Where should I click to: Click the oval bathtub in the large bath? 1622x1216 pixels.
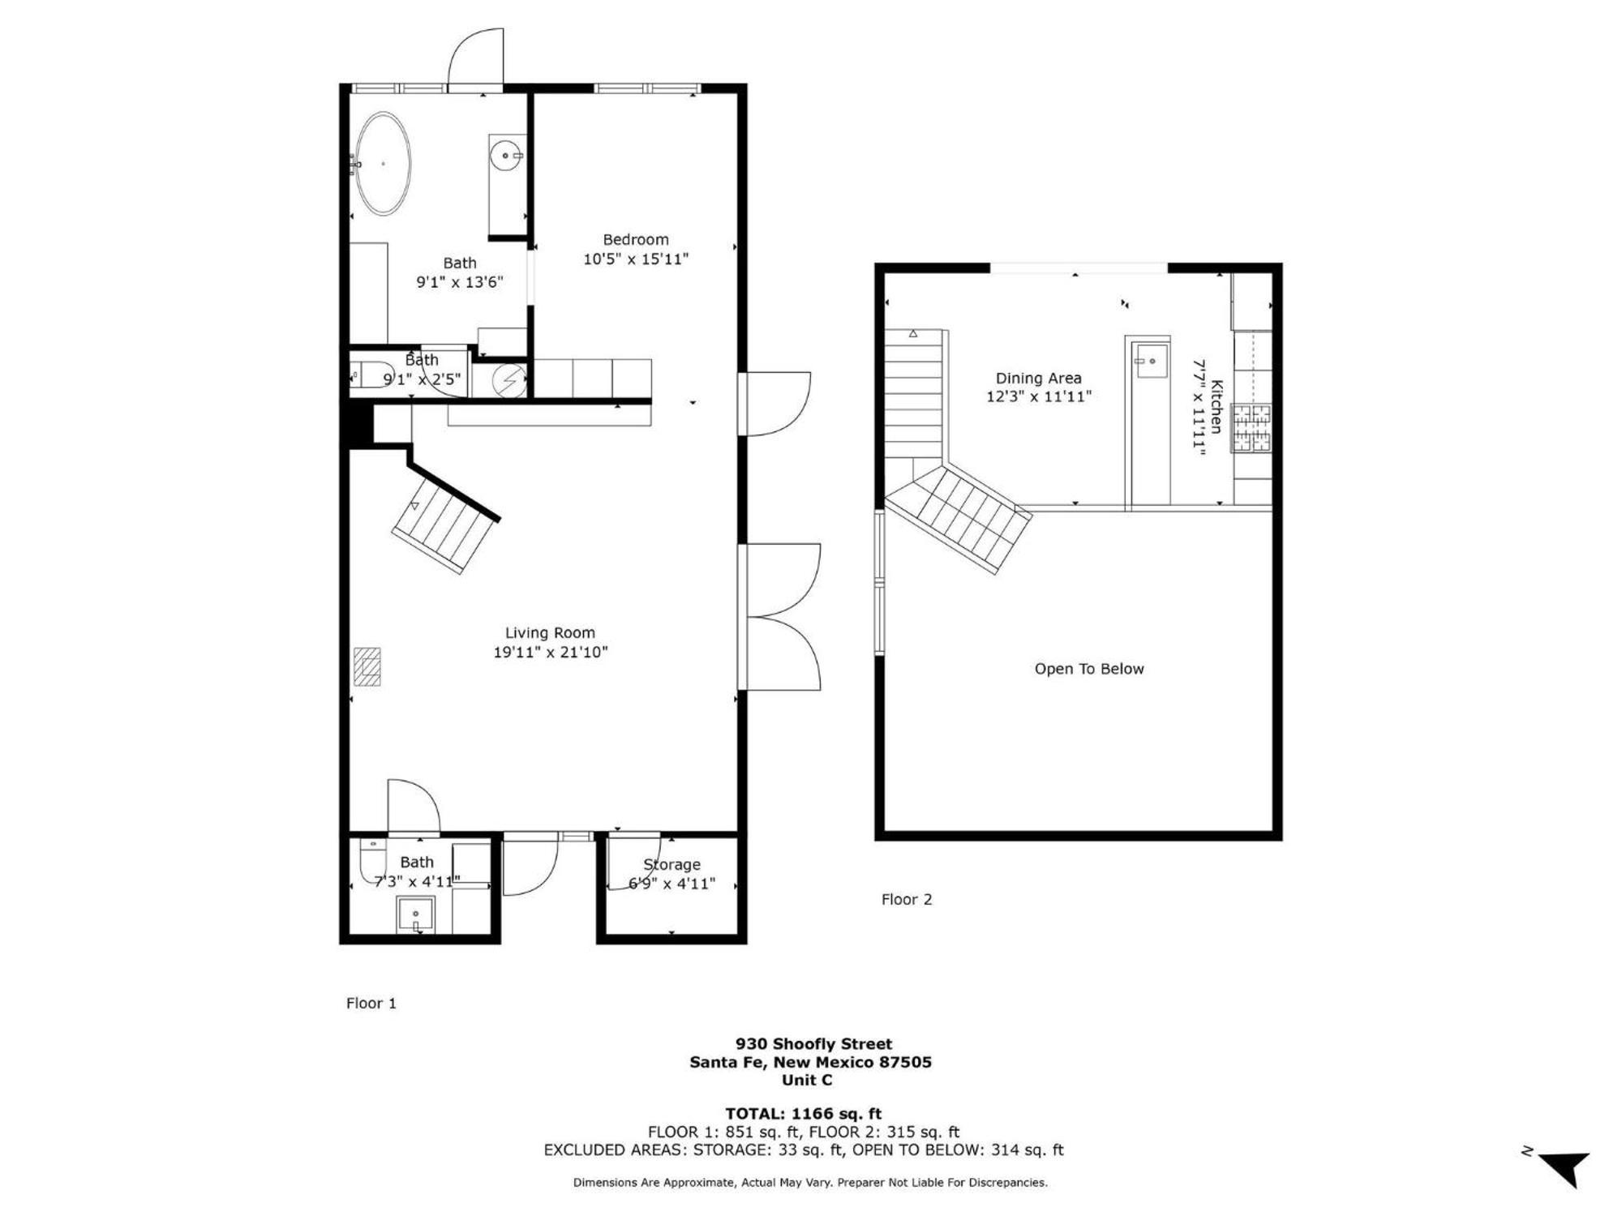384,164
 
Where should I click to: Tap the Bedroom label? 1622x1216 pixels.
636,239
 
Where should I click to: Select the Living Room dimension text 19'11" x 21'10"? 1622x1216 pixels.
551,652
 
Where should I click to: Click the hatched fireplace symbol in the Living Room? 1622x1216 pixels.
367,666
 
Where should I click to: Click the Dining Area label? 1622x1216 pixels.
1039,379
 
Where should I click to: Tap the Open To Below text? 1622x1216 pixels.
1089,669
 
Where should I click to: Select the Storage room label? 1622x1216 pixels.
672,864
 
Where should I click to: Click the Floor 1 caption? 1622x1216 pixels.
371,1003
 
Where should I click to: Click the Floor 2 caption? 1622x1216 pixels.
907,899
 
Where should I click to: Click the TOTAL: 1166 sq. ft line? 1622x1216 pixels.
803,1114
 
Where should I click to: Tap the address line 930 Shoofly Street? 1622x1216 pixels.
813,1044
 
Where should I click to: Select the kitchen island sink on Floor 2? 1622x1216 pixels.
1152,361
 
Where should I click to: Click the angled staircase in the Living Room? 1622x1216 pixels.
444,525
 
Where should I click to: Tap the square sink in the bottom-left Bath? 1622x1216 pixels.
415,915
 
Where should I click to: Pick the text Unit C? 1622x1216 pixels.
807,1080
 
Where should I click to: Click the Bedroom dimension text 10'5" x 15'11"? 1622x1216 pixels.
636,259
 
